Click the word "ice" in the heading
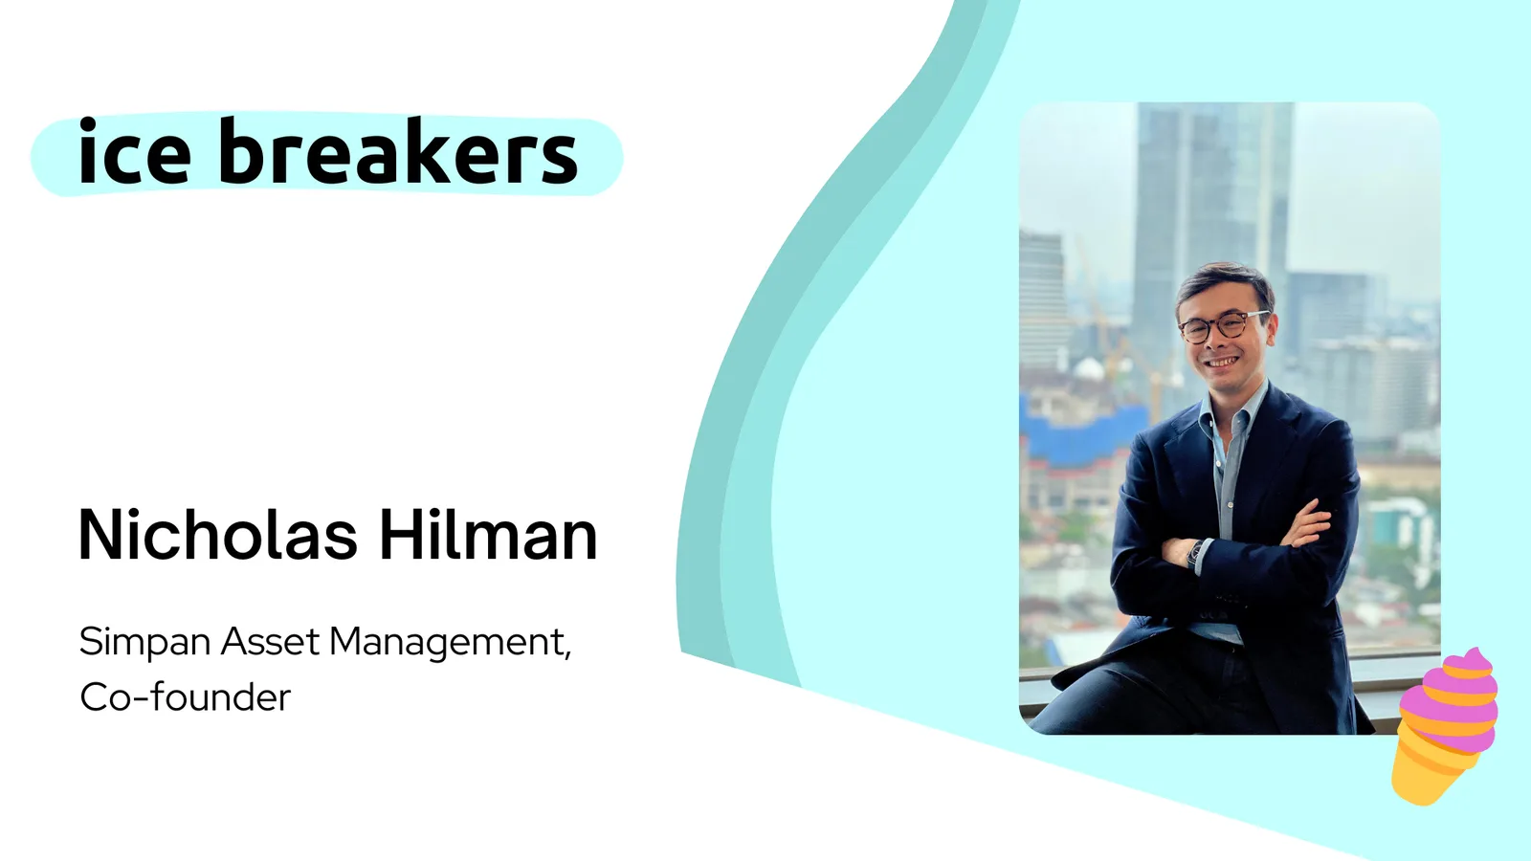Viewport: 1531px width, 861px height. point(134,151)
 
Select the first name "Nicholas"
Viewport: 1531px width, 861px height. point(218,535)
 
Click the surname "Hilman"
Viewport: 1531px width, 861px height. point(488,535)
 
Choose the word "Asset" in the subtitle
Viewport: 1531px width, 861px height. point(269,642)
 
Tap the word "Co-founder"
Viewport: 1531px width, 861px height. point(186,697)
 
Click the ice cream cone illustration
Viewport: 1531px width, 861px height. point(1444,727)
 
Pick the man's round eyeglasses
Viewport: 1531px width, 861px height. point(1224,326)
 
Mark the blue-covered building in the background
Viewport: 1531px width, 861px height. point(1080,431)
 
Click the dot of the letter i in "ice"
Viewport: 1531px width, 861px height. point(87,125)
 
